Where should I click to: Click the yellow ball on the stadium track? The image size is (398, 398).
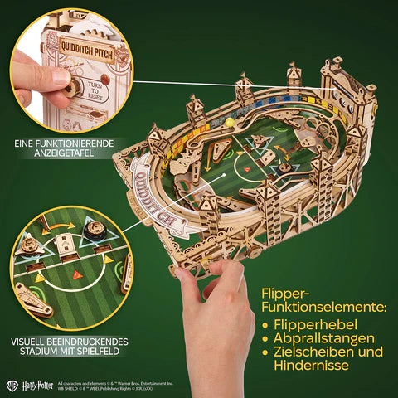pos(223,123)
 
